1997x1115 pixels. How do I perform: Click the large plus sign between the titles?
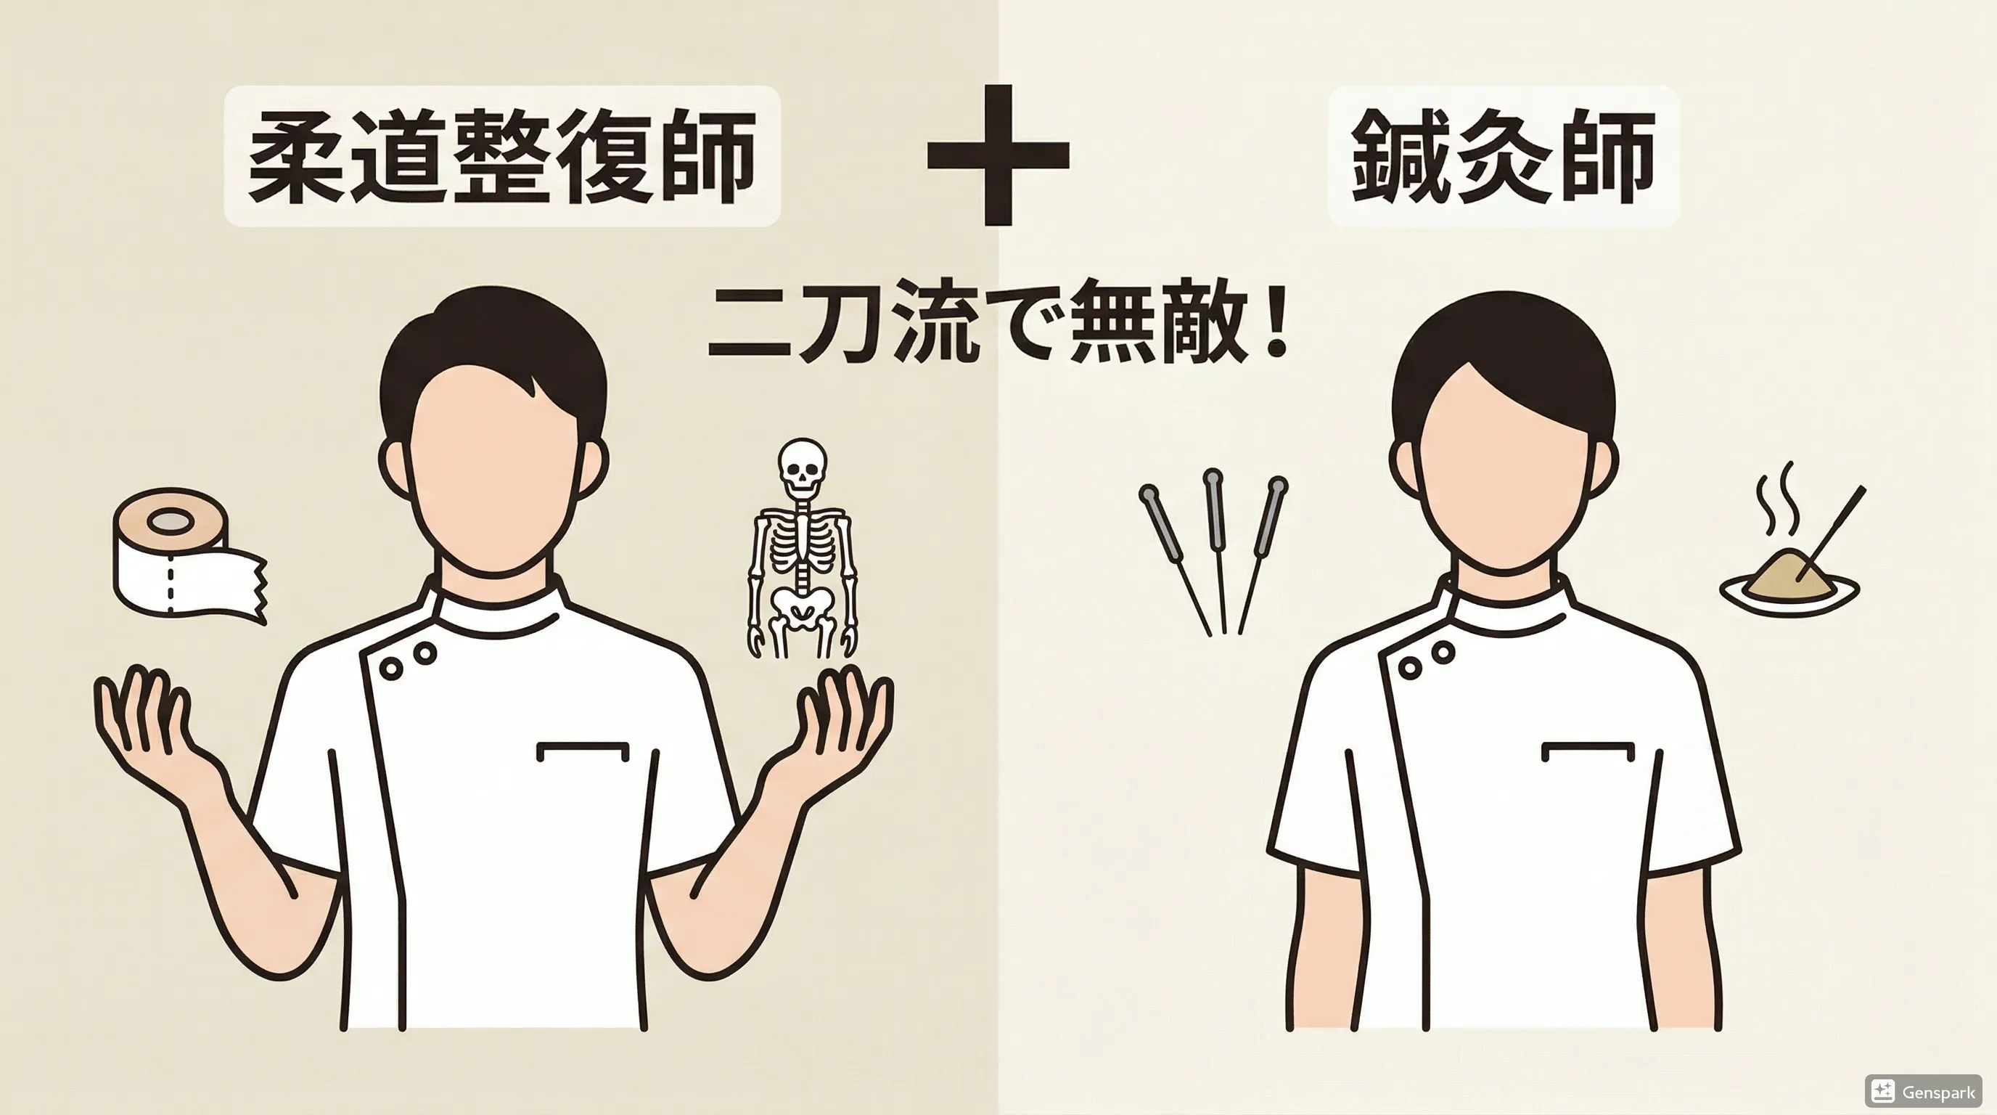pyautogui.click(x=998, y=155)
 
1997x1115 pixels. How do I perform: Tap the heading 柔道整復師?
pyautogui.click(x=502, y=156)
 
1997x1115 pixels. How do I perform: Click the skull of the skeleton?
pyautogui.click(x=803, y=467)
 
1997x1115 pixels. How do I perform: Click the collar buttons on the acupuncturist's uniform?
pyautogui.click(x=1427, y=659)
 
